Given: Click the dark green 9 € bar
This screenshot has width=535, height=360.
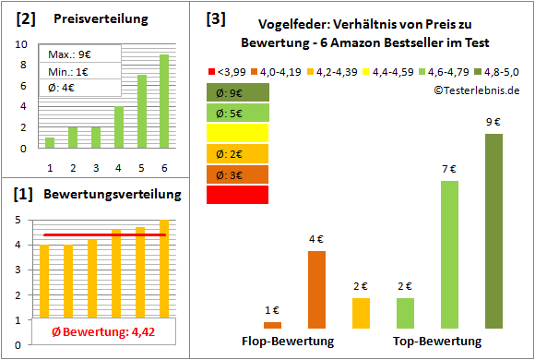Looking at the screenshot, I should coord(493,231).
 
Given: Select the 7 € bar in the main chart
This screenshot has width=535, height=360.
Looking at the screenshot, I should coord(449,254).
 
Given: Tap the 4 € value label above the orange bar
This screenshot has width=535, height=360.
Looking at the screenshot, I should coord(316,239).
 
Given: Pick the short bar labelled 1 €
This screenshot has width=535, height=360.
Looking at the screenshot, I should coord(273,325).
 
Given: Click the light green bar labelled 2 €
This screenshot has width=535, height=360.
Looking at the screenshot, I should coord(405,313).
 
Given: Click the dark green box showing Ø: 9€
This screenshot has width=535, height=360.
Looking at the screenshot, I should coord(238,92).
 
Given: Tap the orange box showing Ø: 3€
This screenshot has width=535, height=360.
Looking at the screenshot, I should coord(238,174).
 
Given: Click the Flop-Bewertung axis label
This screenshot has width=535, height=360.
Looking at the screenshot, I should coord(288,341).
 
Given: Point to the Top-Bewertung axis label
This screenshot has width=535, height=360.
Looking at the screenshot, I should coord(437,341).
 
